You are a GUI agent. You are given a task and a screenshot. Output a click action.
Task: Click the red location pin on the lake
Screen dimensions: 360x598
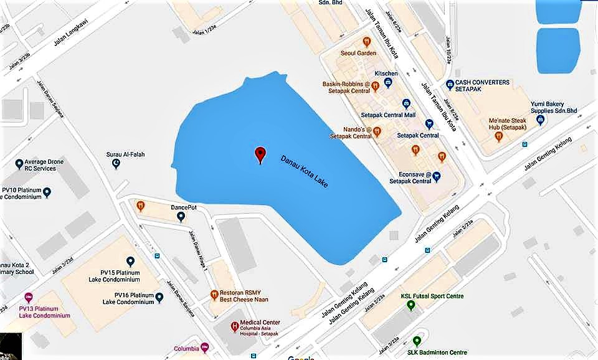260,154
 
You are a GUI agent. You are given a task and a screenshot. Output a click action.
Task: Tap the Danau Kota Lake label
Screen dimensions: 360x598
304,171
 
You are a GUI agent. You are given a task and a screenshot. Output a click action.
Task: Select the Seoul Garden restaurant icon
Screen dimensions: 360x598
367,42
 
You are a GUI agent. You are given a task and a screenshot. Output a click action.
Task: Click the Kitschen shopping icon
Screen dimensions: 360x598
388,82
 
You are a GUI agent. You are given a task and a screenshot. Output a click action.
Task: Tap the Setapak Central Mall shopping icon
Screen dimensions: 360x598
406,104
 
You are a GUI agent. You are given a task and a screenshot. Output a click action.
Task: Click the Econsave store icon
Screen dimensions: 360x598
437,176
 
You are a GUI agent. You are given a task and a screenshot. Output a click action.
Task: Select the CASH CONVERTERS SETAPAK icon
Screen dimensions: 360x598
450,85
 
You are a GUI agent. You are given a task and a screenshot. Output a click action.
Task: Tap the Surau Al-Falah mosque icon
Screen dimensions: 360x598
116,164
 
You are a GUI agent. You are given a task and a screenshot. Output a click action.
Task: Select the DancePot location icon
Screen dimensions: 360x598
181,217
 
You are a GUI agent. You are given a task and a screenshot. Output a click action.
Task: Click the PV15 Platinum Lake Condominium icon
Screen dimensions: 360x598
130,262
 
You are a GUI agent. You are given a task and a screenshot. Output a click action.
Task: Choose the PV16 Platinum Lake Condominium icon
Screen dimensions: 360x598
160,298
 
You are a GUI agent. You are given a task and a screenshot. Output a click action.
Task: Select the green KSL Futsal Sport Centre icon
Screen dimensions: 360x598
411,305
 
